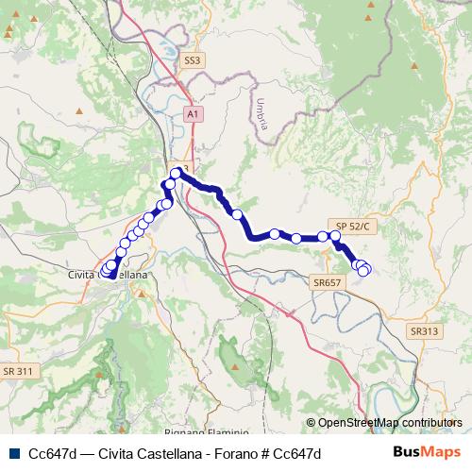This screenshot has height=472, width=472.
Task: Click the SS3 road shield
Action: pyautogui.click(x=193, y=59)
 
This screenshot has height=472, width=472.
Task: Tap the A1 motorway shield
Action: pyautogui.click(x=193, y=113)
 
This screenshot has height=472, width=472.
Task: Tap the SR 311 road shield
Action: pyautogui.click(x=18, y=371)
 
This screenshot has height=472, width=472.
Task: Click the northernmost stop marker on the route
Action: pyautogui.click(x=177, y=173)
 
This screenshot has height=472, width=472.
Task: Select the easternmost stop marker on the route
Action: pyautogui.click(x=364, y=271)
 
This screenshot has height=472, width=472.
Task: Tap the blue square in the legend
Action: pyautogui.click(x=14, y=453)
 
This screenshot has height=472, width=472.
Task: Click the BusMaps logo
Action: pyautogui.click(x=428, y=452)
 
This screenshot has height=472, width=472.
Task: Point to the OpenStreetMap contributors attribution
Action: pyautogui.click(x=389, y=423)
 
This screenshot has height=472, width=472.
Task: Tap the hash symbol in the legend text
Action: pyautogui.click(x=256, y=453)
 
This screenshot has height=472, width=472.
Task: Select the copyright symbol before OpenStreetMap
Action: pyautogui.click(x=311, y=423)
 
